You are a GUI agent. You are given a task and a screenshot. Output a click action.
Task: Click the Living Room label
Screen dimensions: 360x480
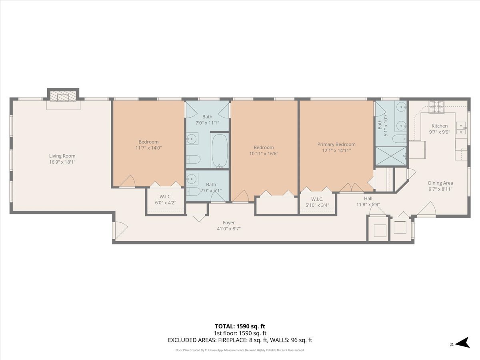[62, 156]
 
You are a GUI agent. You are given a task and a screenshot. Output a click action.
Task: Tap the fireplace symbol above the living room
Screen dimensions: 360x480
[63, 97]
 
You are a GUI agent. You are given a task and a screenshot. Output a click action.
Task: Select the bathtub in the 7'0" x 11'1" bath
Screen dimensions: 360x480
[219, 151]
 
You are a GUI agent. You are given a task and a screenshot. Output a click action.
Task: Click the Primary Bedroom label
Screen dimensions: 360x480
[336, 144]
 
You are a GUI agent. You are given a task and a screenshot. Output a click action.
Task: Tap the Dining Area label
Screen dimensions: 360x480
[440, 183]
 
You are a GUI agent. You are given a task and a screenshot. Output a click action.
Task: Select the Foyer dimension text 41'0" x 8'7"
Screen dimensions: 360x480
[229, 229]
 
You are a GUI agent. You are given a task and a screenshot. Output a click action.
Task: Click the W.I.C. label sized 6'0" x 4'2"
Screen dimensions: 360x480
[166, 196]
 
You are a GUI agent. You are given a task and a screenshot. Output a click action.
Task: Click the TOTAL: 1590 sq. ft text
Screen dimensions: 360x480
[240, 326]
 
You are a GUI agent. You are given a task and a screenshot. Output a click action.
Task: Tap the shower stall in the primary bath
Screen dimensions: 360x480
[391, 156]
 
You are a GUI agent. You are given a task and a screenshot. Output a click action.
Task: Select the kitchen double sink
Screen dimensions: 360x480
[461, 127]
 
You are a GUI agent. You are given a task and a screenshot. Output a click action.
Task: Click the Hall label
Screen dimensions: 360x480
[368, 198]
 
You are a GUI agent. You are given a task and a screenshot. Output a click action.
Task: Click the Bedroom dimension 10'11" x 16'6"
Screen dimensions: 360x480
[264, 154]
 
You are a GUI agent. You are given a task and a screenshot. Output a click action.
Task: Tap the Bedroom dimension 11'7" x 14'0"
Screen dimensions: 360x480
[148, 148]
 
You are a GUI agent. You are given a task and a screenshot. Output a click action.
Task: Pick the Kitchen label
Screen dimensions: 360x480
[439, 126]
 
